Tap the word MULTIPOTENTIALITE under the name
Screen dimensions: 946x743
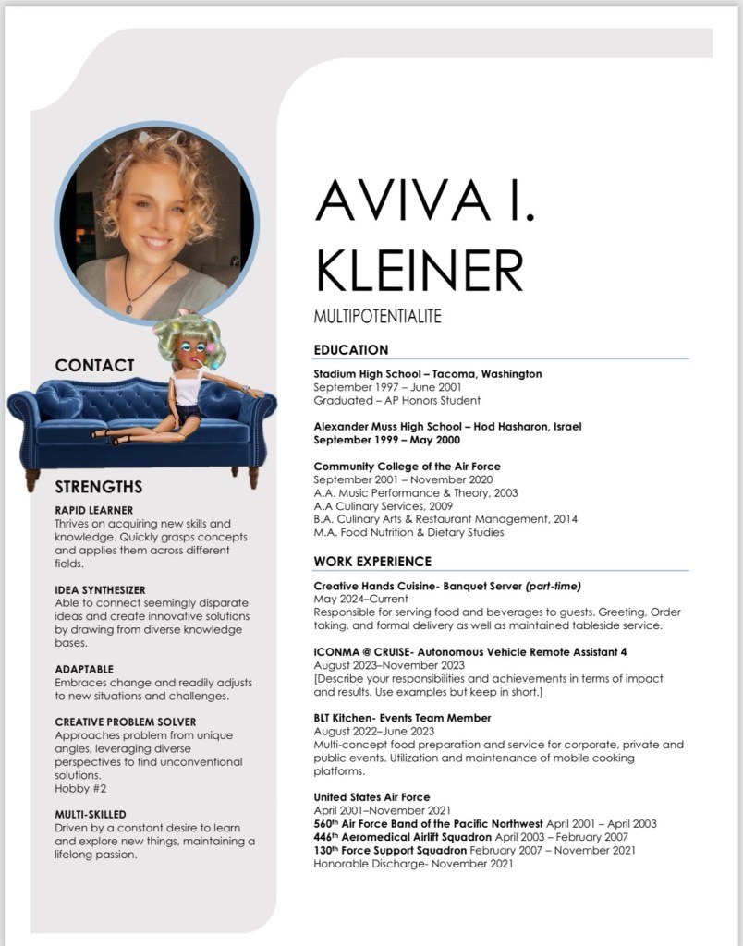377,317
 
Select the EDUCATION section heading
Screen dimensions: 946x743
351,350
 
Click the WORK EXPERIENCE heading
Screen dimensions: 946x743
372,561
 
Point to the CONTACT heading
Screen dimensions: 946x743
94,366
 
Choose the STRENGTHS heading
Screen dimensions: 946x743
98,487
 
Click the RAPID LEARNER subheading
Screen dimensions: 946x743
93,510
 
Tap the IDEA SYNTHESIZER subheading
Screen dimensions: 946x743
100,589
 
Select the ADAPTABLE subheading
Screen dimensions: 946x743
84,669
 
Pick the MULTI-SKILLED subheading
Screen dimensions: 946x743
90,815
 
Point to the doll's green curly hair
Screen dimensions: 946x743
185,334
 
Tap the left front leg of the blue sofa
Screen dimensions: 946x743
32,479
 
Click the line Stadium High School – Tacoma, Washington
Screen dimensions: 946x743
427,374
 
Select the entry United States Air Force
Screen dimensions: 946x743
371,797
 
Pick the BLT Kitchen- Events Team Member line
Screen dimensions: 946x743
402,718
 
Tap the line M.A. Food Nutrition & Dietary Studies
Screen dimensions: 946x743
408,532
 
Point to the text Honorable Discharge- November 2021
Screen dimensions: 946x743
413,863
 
